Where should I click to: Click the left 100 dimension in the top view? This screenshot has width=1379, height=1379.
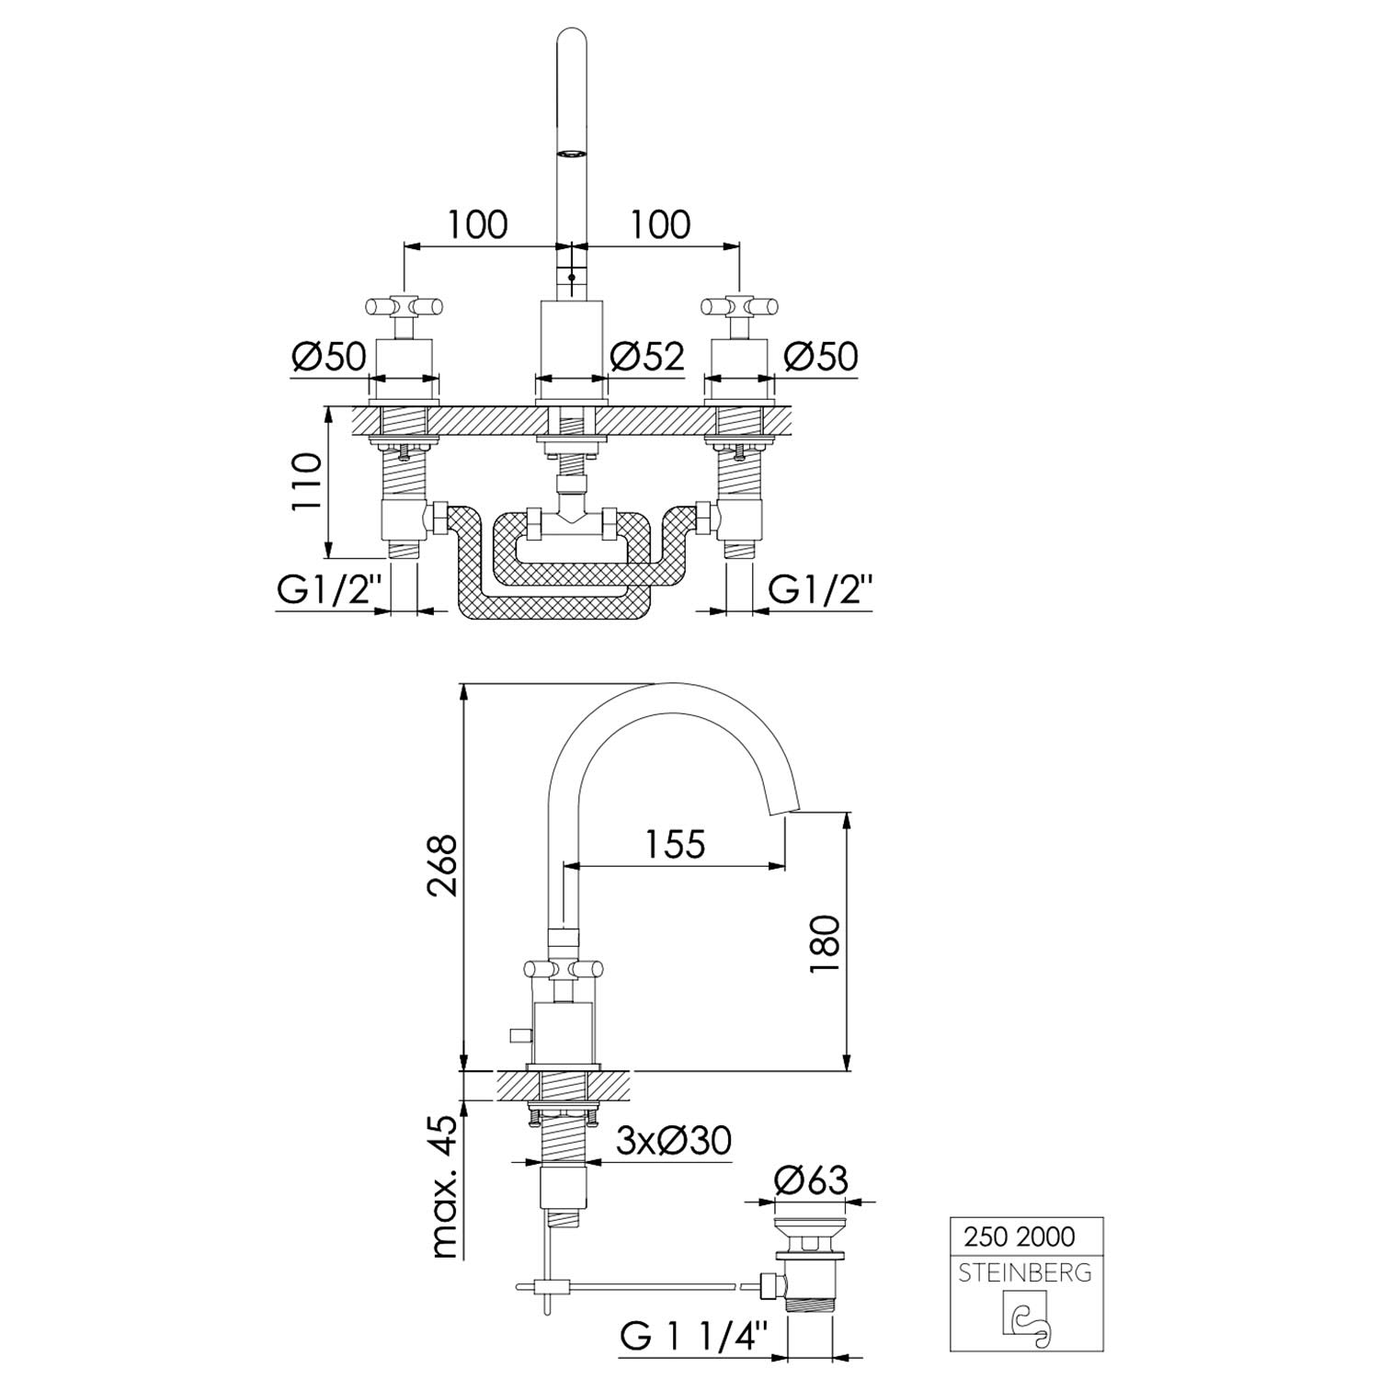(x=478, y=223)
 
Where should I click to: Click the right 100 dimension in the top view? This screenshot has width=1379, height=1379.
(x=660, y=223)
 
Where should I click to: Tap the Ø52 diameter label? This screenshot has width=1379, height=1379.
(x=648, y=356)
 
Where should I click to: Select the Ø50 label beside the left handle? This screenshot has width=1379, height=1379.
(x=329, y=356)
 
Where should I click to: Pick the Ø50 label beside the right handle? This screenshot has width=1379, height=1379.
(x=821, y=356)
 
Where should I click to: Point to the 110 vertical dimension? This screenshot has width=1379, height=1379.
(x=308, y=482)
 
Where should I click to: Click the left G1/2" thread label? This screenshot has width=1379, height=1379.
(x=329, y=589)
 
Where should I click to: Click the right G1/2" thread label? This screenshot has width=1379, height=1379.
(x=821, y=589)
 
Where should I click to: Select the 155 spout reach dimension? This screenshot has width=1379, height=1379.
(x=674, y=844)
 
